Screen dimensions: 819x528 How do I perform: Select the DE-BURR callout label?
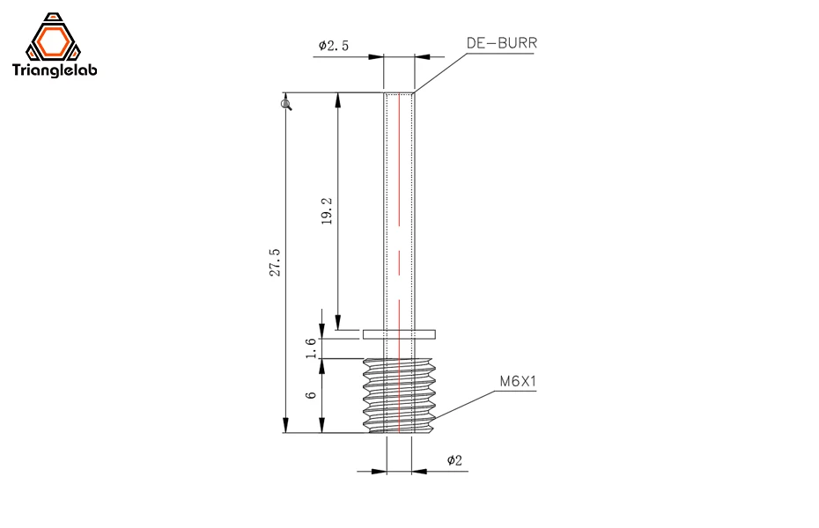501,41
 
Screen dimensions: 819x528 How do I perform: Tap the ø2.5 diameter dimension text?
334,46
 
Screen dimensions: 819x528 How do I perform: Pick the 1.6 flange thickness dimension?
310,348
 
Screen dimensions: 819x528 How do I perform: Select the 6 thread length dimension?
310,395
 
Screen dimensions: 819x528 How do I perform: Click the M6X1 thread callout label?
518,382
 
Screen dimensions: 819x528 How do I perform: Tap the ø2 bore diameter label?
454,460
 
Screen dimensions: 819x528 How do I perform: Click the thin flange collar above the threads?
399,334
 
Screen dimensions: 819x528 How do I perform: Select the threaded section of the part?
400,395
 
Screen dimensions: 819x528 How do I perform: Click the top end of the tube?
399,94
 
